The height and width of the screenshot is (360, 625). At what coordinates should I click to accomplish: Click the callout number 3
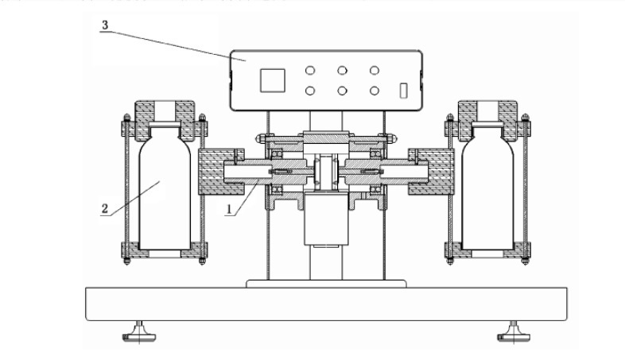(x=105, y=25)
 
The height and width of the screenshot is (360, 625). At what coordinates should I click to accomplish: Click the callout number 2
(x=105, y=209)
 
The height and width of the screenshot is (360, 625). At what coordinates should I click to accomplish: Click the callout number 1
(x=229, y=209)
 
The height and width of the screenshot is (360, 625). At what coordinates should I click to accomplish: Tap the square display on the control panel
(x=273, y=80)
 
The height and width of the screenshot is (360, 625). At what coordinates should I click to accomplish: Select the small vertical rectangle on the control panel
(x=403, y=91)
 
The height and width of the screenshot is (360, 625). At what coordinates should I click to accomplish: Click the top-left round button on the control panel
(x=310, y=71)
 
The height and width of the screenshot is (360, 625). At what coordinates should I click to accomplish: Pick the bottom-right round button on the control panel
(x=374, y=91)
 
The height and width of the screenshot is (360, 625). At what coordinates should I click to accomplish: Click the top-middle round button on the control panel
(x=342, y=71)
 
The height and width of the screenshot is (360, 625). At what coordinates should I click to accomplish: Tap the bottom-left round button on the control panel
(x=310, y=91)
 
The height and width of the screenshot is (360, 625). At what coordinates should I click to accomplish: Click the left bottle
(x=165, y=187)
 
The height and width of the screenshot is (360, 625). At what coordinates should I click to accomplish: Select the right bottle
(x=487, y=187)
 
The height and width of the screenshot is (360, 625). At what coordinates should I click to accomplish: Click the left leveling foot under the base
(x=138, y=333)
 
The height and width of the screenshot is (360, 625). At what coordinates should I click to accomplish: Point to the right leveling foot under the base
(x=514, y=333)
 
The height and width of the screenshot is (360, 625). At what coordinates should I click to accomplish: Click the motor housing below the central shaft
(x=326, y=219)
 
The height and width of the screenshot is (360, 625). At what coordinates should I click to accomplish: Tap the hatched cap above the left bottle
(x=165, y=121)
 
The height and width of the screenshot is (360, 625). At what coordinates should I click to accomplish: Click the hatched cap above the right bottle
(x=487, y=121)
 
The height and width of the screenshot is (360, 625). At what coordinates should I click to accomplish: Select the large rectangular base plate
(x=327, y=304)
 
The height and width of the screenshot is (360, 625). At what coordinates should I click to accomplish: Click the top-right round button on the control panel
(x=374, y=71)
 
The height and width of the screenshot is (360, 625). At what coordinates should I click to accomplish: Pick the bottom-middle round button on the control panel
(x=342, y=91)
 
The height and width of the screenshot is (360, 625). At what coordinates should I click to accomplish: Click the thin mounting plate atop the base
(x=326, y=284)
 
